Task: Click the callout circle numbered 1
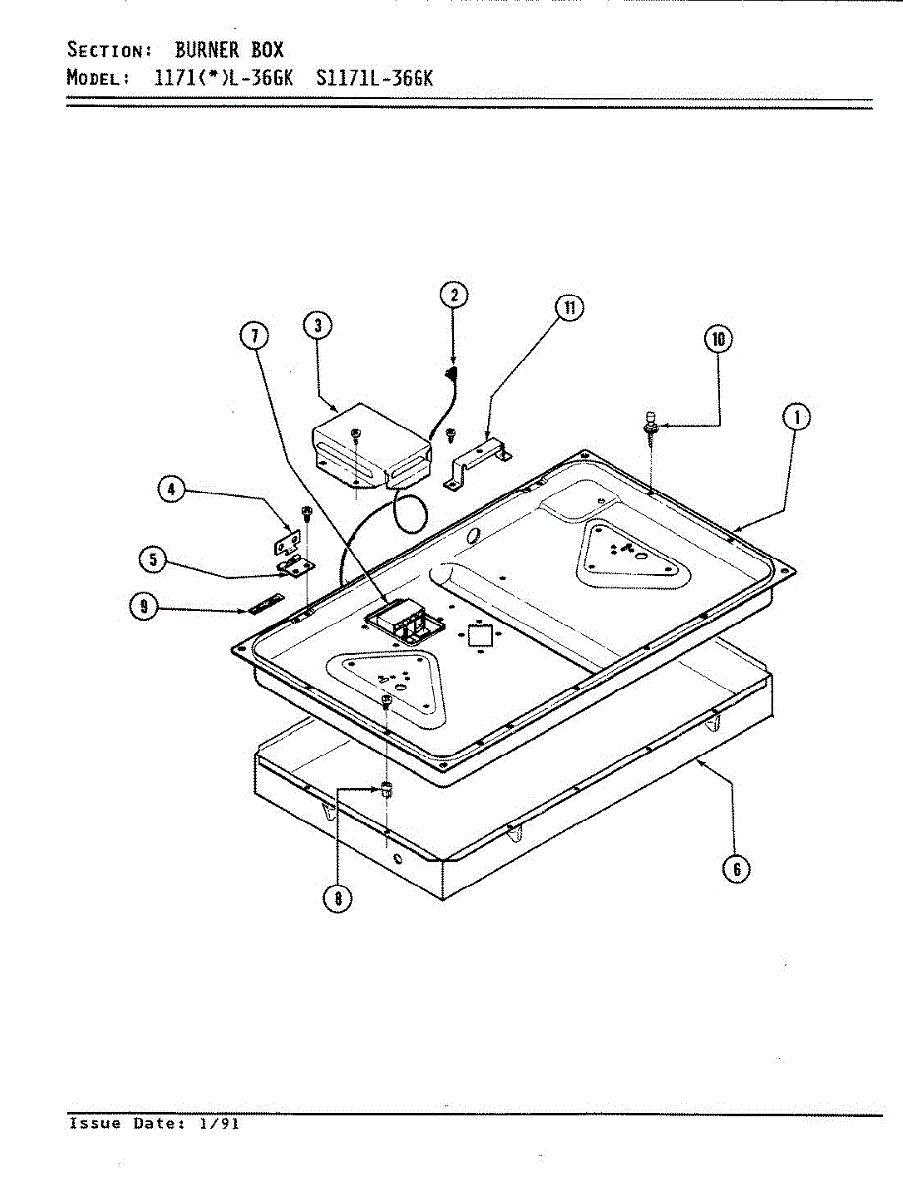click(796, 418)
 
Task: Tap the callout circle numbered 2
click(453, 295)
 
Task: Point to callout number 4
click(173, 490)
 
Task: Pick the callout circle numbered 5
click(153, 560)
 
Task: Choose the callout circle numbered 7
click(254, 337)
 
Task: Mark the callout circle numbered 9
click(144, 607)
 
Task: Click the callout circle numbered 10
click(718, 339)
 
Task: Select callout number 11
click(568, 307)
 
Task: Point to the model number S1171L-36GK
click(375, 78)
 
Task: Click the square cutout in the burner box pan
click(479, 634)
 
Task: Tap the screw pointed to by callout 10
click(651, 424)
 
